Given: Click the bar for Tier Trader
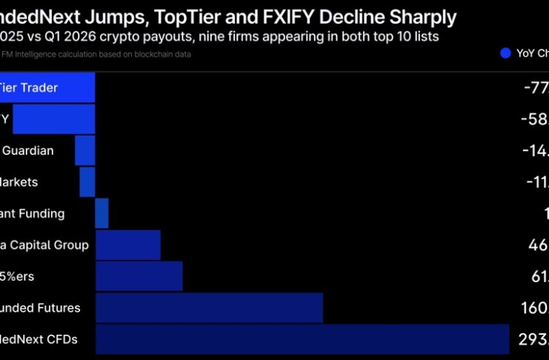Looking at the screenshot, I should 47,88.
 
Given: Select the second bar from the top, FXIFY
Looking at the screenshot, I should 54,119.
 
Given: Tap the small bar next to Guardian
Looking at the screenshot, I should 84,150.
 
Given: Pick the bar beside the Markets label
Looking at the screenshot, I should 87,181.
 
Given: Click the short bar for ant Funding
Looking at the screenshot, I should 102,213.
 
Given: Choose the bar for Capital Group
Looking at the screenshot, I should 128,244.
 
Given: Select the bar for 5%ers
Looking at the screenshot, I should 139,276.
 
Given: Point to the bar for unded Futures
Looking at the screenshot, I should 209,307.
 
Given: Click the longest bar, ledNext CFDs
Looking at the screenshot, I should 302,339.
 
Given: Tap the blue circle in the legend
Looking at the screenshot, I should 506,53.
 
